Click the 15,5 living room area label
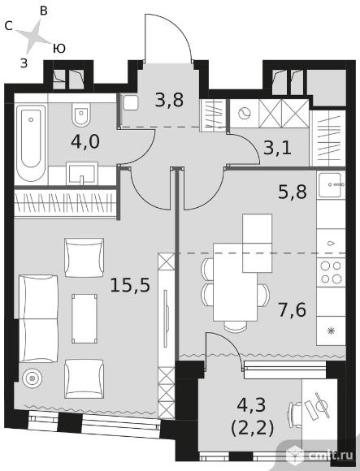pos(130,285)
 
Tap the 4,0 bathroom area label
pos(85,142)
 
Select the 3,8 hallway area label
pos(169,100)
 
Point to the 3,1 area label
pos(277,148)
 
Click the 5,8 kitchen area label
pos(293,192)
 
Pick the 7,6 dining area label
pos(292,310)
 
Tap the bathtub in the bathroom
pos(31,142)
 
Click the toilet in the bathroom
pos(81,115)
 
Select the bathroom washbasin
pos(82,173)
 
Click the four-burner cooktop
pos(331,272)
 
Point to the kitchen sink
pos(332,184)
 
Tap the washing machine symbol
pos(245,113)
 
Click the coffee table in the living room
pos(85,318)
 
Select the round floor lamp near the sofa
pos(31,378)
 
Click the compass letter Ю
pos(59,49)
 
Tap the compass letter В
pos(44,11)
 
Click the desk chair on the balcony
pos(295,414)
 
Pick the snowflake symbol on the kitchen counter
pos(332,331)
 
